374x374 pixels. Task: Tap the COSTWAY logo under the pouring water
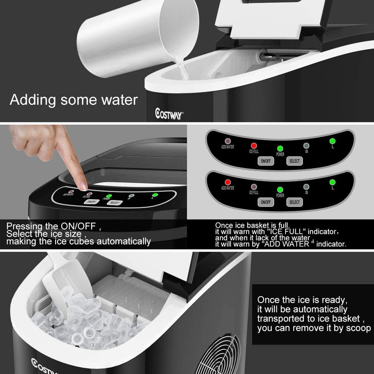[170, 112]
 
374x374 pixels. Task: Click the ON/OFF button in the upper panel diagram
[265, 161]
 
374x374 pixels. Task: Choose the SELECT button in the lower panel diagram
[294, 202]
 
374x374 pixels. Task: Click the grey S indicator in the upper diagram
[306, 145]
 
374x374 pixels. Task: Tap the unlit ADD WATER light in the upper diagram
[228, 141]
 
